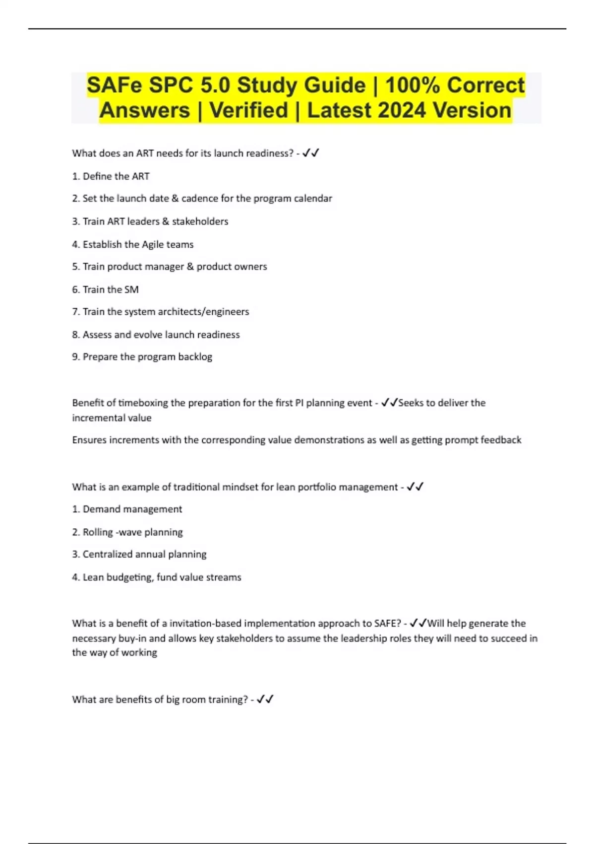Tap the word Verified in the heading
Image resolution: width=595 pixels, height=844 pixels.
248,110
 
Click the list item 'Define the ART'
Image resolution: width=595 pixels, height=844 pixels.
116,176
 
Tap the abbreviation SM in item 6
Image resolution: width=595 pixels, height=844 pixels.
131,289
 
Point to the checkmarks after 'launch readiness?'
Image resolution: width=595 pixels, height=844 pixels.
311,153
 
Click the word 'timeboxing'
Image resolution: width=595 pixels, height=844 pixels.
143,403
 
